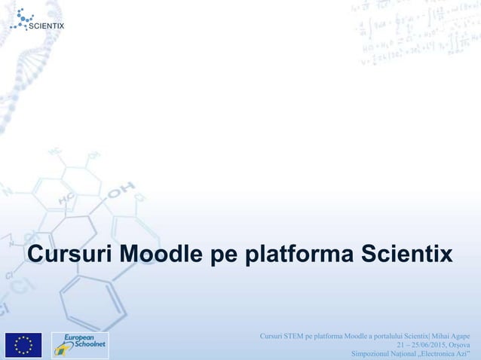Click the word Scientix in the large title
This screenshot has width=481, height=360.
point(406,255)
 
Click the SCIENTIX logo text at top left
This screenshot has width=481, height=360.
point(47,26)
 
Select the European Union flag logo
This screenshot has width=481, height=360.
point(23,344)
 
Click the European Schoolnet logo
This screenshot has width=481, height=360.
point(80,344)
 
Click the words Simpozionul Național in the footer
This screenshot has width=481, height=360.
point(379,354)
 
